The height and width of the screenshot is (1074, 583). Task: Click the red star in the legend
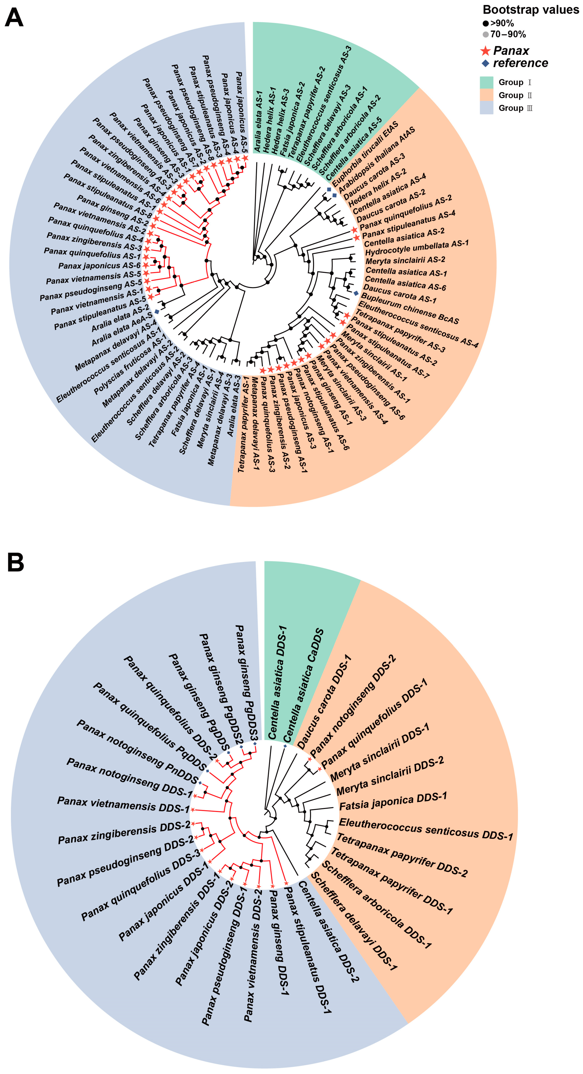pos(486,51)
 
